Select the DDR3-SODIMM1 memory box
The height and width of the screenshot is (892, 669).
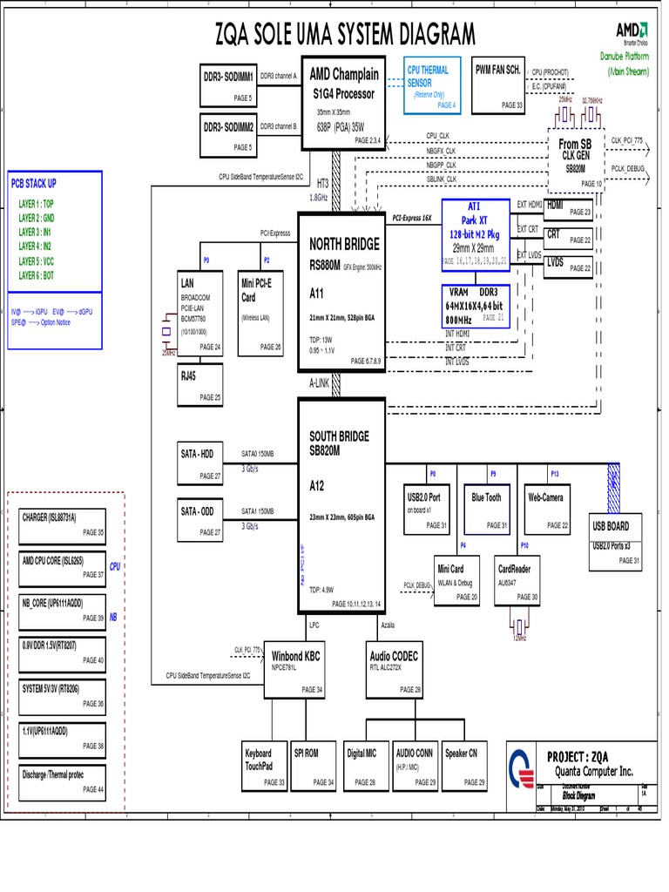tap(229, 84)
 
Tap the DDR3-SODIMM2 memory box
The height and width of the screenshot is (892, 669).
tap(229, 133)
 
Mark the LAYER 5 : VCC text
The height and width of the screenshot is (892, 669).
tap(42, 260)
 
